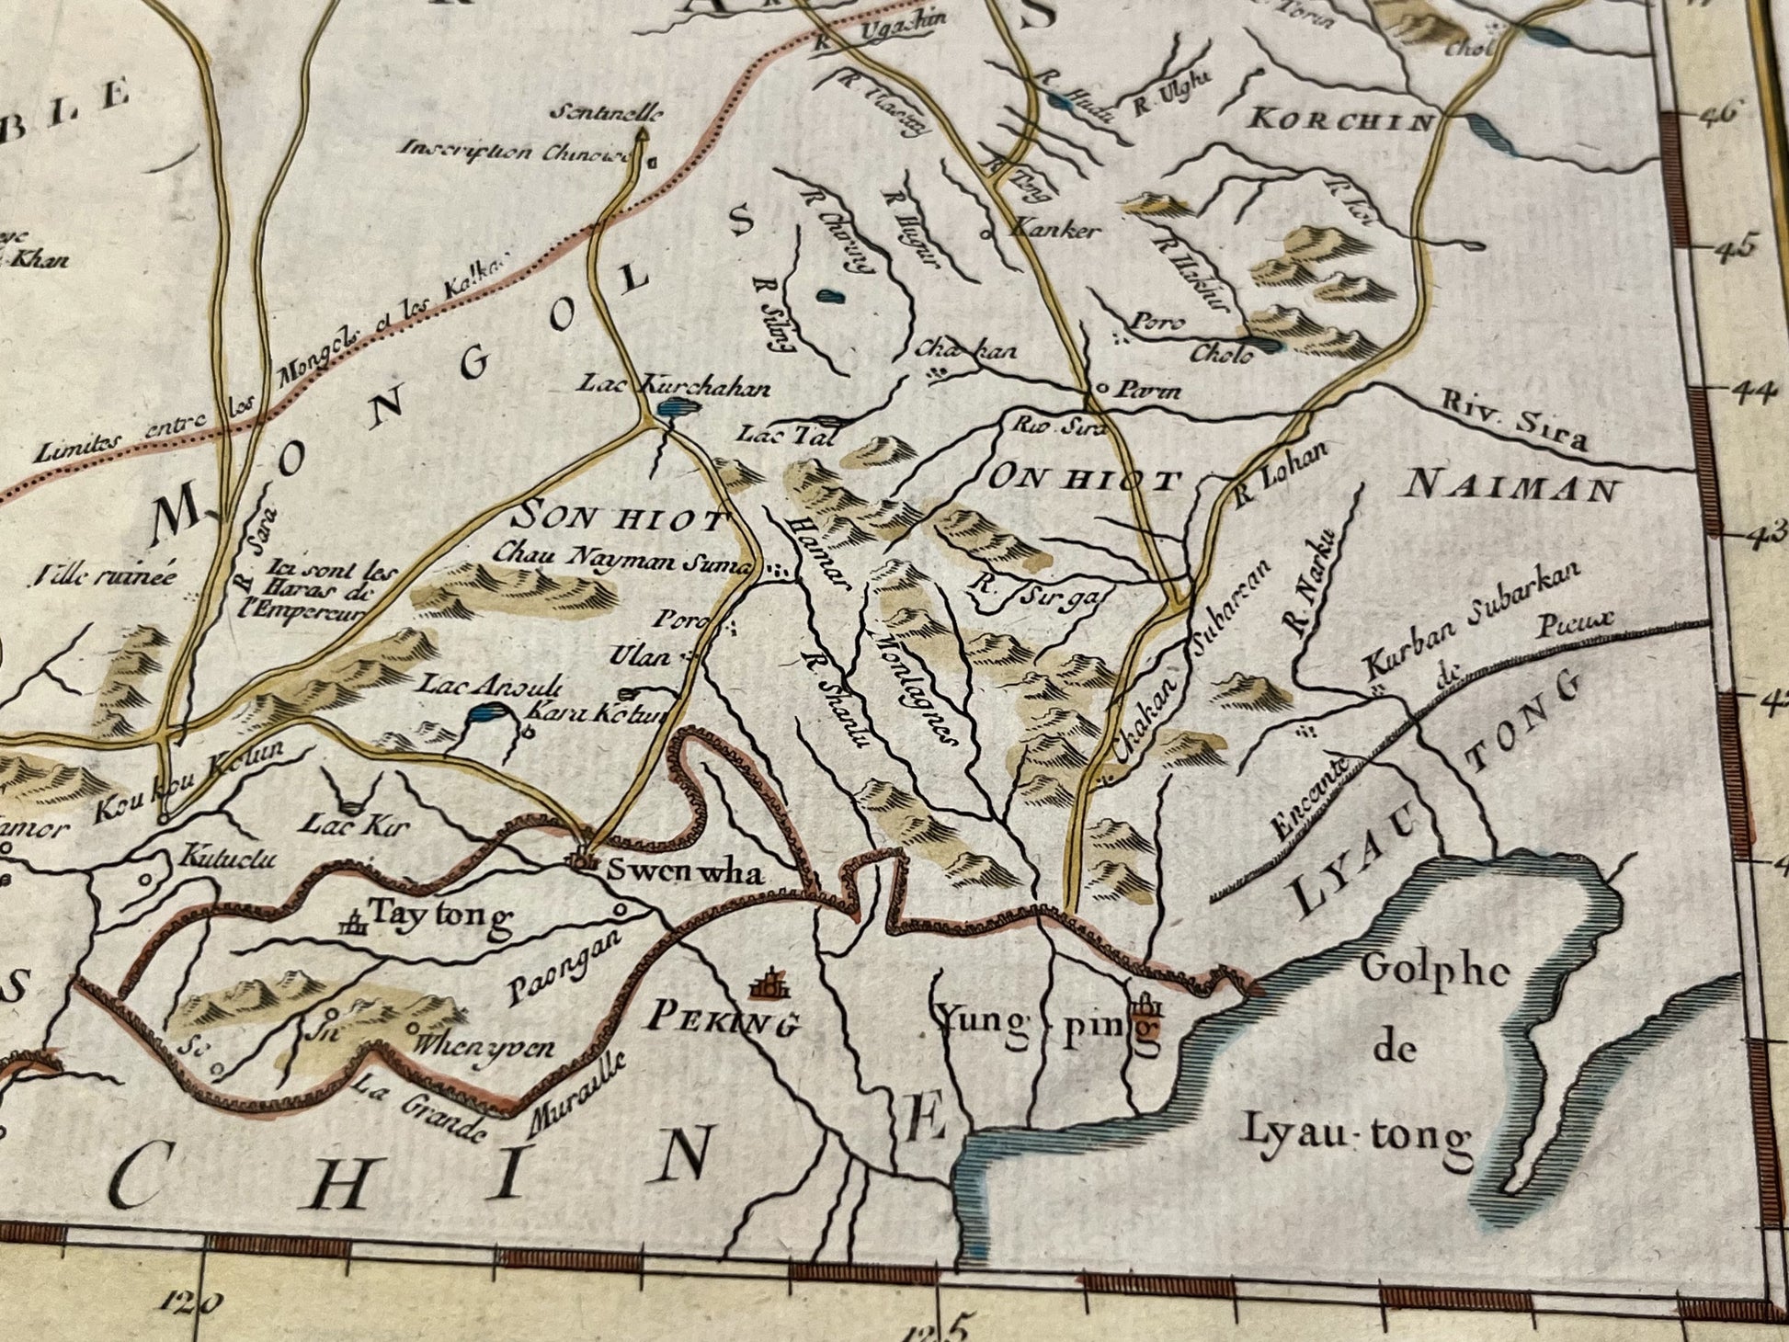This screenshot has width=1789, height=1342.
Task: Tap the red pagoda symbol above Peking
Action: tap(769, 983)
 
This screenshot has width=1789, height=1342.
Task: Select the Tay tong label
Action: tap(439, 915)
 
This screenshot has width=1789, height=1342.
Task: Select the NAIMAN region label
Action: tap(1511, 488)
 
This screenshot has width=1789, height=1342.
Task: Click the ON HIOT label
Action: tap(1084, 478)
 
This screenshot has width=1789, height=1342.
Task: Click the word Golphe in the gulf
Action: tap(1435, 971)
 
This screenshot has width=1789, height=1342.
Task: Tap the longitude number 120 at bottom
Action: tap(192, 1301)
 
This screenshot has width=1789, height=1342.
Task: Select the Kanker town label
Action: tap(1054, 229)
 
